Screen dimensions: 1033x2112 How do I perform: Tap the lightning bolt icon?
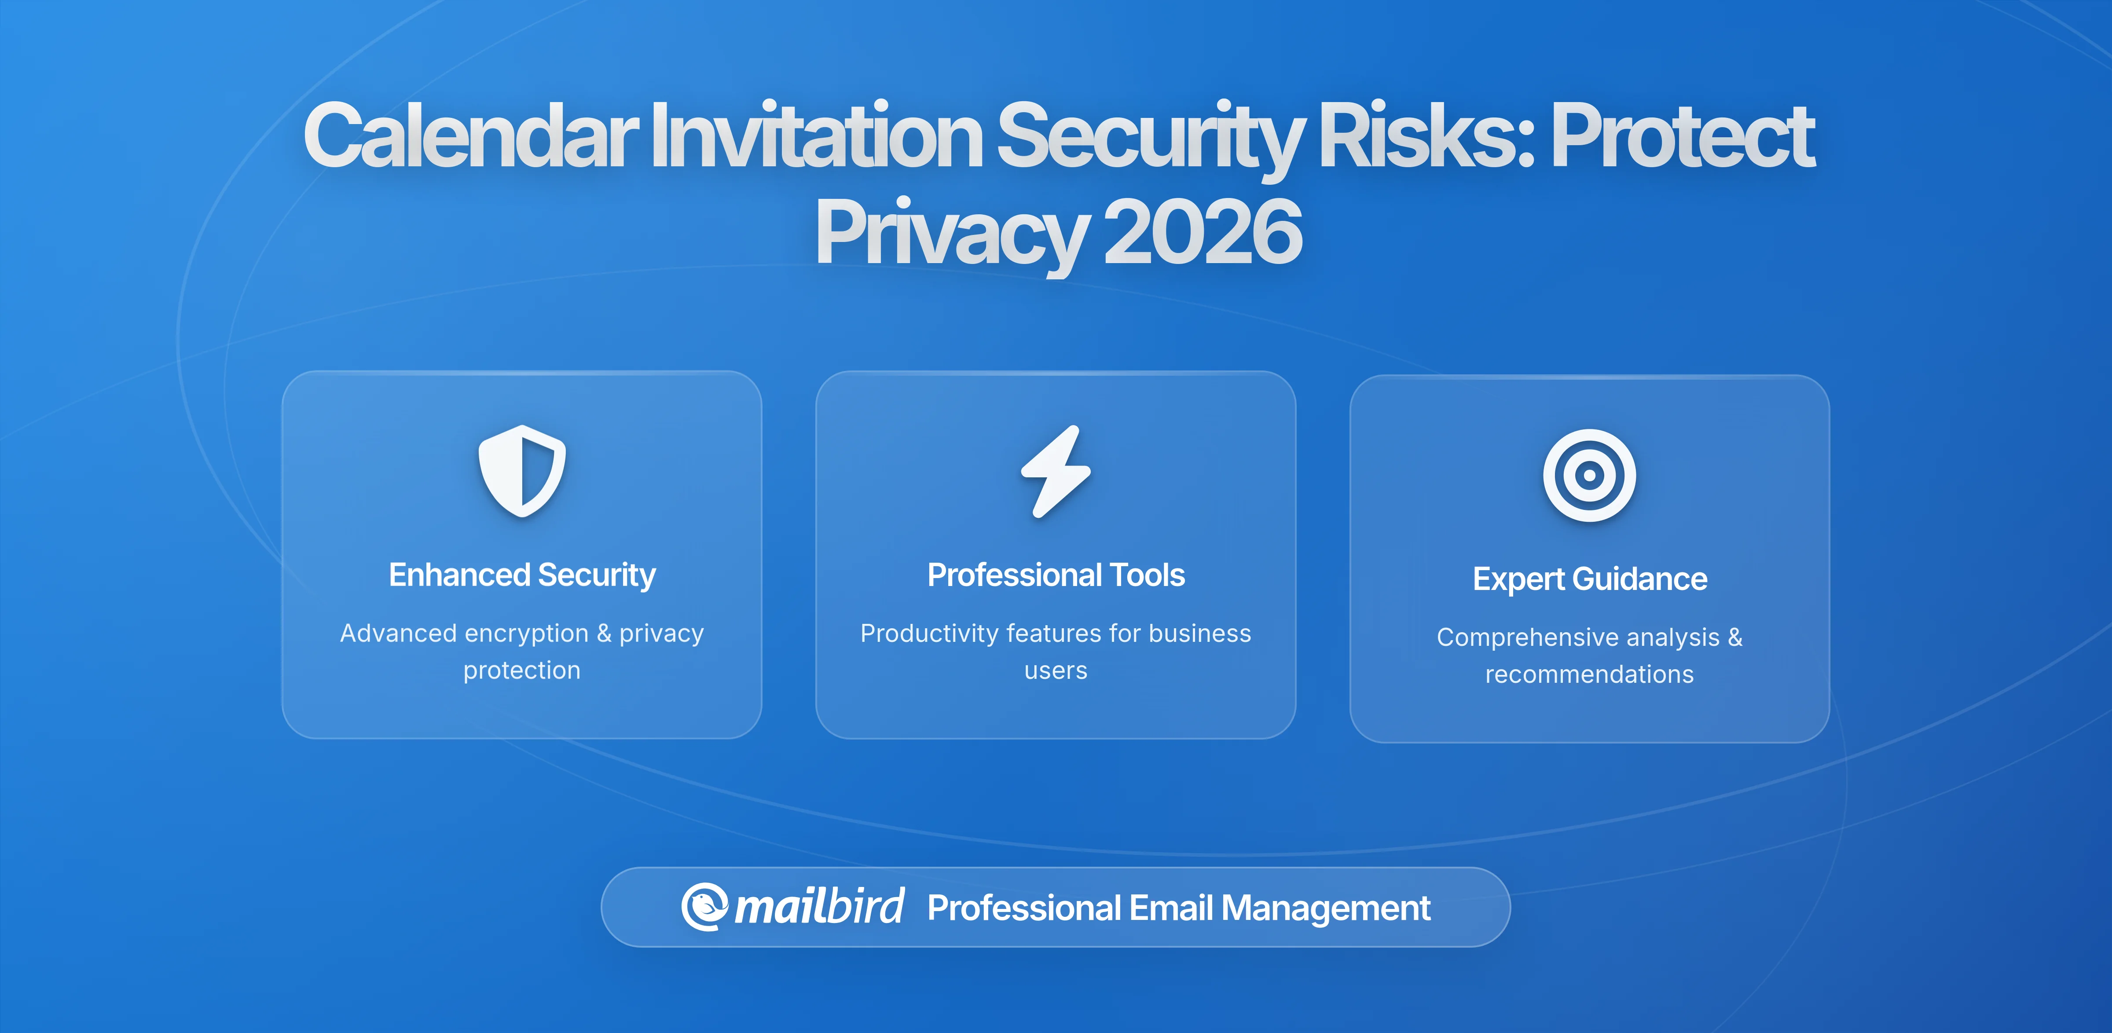(x=1056, y=472)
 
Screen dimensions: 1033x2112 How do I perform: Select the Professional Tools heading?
(x=1056, y=575)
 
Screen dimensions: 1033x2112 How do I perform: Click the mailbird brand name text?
(x=819, y=907)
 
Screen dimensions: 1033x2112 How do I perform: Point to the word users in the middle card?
(x=1056, y=670)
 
